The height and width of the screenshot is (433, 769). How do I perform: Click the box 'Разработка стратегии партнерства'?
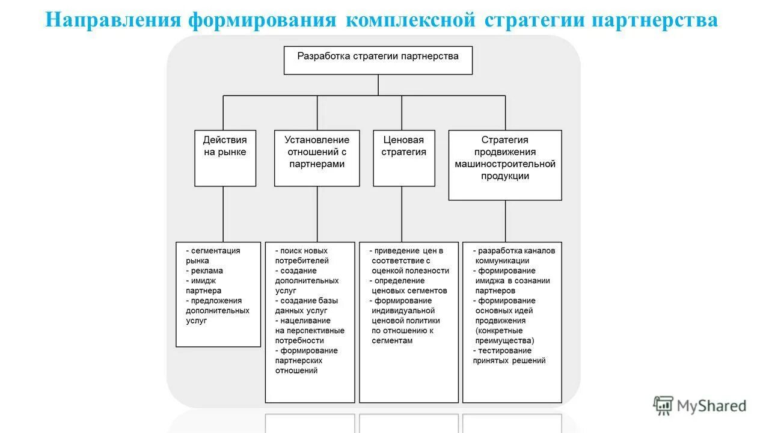click(378, 60)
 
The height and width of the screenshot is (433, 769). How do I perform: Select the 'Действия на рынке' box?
click(225, 158)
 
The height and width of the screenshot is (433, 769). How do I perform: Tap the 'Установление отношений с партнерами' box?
click(316, 158)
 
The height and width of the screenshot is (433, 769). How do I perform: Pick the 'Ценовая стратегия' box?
click(403, 158)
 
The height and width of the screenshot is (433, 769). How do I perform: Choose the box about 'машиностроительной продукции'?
click(505, 165)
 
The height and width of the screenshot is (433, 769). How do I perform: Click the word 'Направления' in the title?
click(114, 20)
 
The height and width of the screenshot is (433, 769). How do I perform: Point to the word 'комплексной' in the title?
click(412, 20)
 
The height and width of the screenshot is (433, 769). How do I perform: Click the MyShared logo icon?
click(663, 406)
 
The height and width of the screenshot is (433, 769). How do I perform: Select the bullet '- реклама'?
click(204, 271)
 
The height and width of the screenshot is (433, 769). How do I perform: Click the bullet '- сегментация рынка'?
click(213, 256)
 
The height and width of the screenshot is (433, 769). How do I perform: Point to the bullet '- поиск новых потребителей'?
click(302, 256)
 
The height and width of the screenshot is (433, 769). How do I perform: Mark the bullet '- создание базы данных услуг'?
click(306, 306)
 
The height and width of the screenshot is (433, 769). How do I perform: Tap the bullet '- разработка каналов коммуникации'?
click(514, 256)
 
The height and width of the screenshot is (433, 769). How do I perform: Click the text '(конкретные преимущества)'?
click(505, 336)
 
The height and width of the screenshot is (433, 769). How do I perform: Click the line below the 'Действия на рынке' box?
click(223, 213)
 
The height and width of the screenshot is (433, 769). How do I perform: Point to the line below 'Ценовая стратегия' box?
click(402, 213)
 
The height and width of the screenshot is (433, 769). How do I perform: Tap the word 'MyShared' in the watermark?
click(711, 406)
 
